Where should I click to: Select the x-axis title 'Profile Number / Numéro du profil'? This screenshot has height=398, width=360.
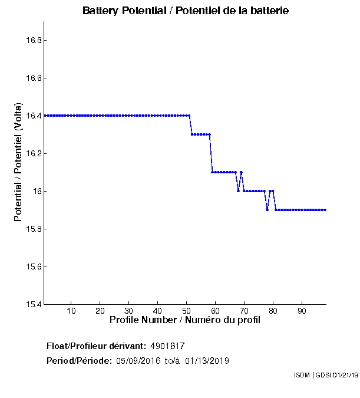[184, 320]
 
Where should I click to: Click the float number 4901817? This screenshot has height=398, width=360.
[168, 346]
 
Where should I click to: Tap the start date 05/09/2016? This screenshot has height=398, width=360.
[138, 361]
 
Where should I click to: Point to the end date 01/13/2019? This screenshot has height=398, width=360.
[207, 361]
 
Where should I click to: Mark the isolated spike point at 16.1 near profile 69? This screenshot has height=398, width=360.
[241, 172]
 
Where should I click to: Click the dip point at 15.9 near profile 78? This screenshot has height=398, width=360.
[267, 210]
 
